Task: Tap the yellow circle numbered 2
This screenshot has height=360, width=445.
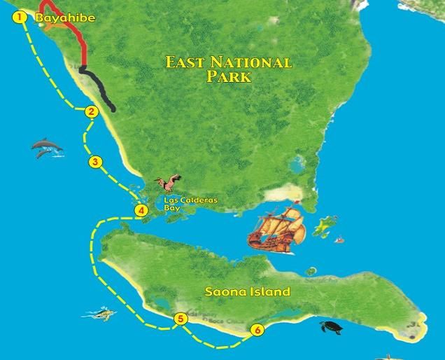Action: point(90,111)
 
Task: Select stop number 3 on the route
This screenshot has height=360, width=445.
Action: point(96,162)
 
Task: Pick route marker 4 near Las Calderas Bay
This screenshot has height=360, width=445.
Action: point(141,210)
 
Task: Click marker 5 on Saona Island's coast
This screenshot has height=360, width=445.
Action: point(181,319)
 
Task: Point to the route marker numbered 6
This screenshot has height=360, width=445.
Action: point(258,330)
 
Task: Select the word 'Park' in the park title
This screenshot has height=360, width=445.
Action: point(228,78)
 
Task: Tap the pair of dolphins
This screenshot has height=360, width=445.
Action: point(47,147)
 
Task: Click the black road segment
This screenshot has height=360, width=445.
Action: point(98,88)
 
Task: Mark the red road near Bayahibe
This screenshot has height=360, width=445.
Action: point(73,32)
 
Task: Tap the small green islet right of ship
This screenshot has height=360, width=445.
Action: point(323,227)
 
